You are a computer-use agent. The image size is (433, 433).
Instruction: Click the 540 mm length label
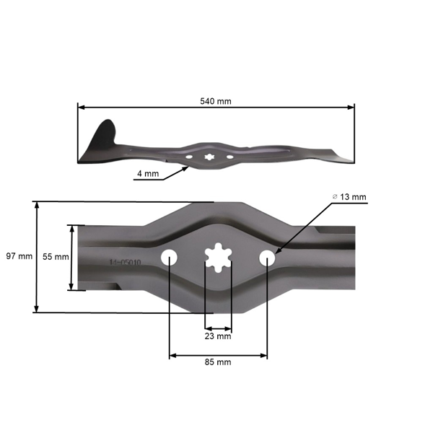(216, 101)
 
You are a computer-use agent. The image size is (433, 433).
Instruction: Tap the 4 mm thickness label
(147, 174)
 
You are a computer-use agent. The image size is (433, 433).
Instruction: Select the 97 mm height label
(19, 256)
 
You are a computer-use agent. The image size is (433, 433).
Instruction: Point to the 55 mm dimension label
(56, 256)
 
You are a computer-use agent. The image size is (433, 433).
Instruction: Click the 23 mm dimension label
(218, 336)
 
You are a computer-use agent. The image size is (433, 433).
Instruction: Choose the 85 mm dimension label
(218, 362)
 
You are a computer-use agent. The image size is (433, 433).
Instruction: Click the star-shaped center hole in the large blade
(218, 258)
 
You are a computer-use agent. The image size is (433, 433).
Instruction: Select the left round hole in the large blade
(170, 257)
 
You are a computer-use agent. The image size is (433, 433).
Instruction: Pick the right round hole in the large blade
(267, 257)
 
